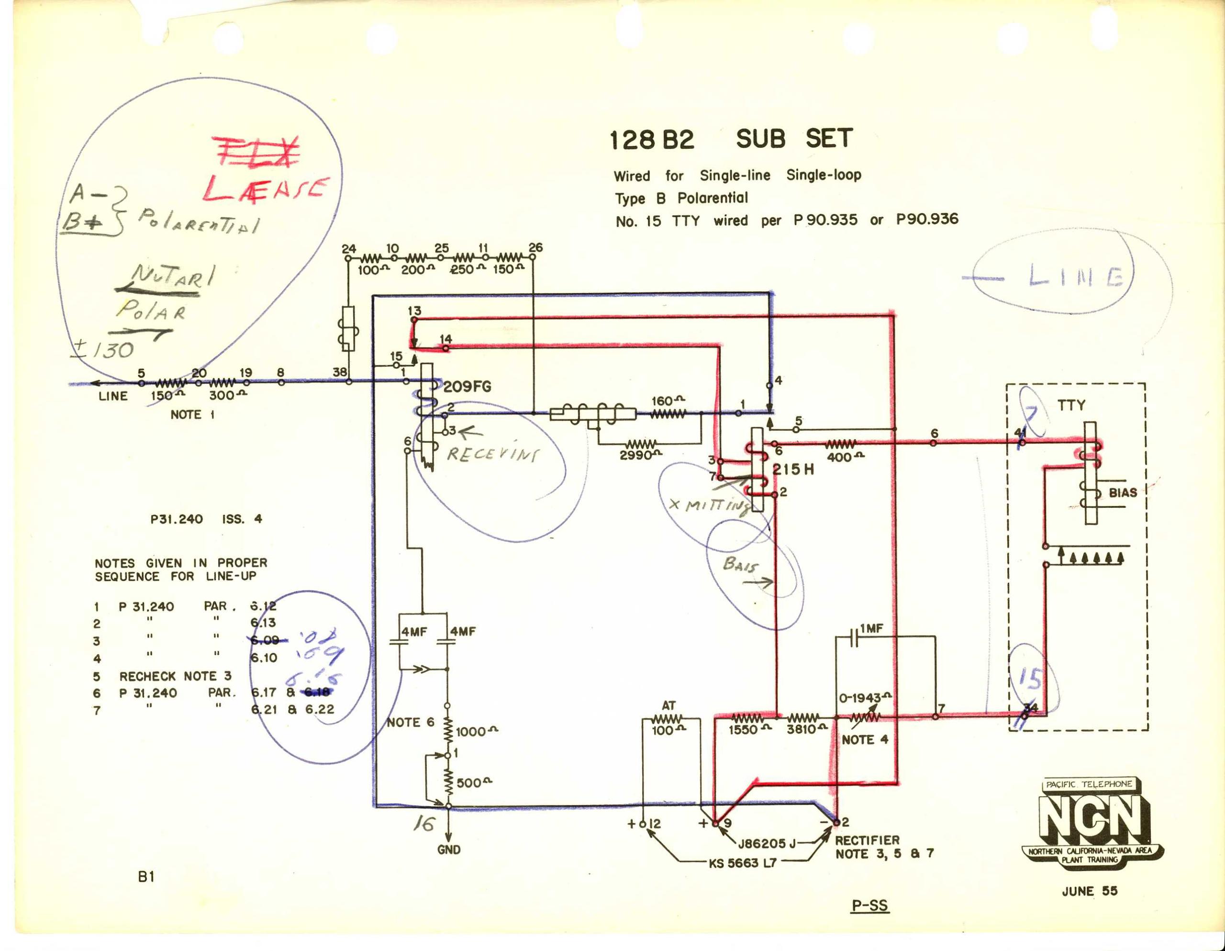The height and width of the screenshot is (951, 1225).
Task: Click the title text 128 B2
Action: (652, 140)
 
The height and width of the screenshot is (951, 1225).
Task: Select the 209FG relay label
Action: (467, 387)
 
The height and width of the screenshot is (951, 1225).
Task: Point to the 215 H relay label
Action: (792, 470)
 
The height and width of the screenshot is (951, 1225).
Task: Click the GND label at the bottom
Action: (449, 850)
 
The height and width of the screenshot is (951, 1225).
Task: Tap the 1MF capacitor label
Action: (871, 629)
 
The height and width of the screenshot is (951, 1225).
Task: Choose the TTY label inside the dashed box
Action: (1071, 404)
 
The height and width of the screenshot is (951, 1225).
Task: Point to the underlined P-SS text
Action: (869, 905)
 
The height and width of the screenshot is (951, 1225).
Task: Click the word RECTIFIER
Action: (867, 840)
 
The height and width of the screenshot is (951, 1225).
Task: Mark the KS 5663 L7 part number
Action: (743, 863)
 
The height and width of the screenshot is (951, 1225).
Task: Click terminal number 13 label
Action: (414, 310)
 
